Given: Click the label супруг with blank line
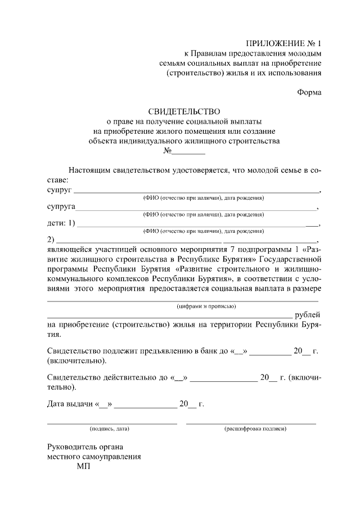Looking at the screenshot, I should (x=59, y=190).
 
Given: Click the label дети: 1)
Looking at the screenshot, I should (x=60, y=223).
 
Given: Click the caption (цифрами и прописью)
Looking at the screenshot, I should (x=206, y=306).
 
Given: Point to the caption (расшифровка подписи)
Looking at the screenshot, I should (x=255, y=429).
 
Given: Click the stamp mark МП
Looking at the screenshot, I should (x=83, y=467).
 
